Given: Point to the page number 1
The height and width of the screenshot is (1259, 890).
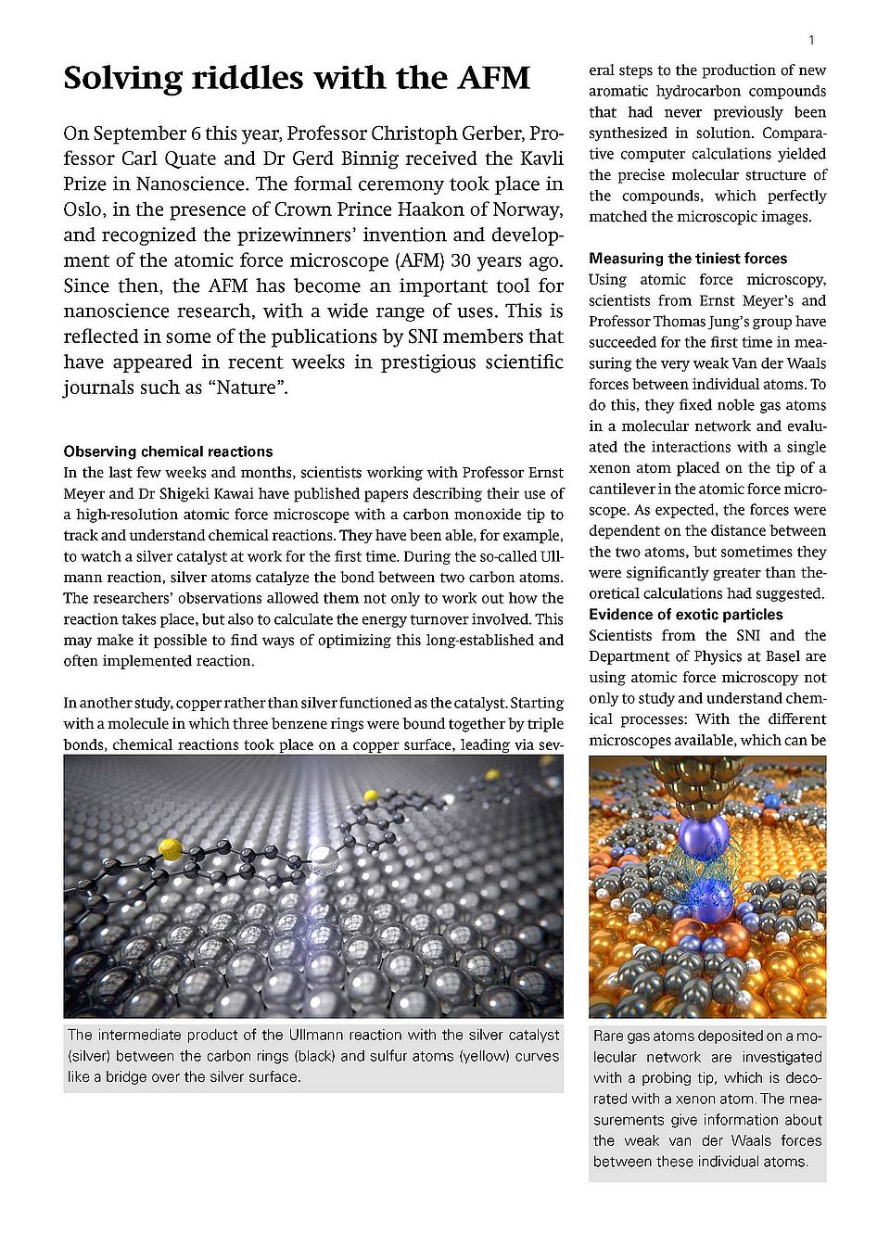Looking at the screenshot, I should pyautogui.click(x=811, y=40).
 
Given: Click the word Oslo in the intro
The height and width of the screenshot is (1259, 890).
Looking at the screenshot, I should pyautogui.click(x=85, y=210).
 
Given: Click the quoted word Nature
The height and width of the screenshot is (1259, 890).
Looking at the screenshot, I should pyautogui.click(x=251, y=388).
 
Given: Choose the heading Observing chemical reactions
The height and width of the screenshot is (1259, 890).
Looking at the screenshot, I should pyautogui.click(x=168, y=451).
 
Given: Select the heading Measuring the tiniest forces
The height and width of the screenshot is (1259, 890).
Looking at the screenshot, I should pyautogui.click(x=688, y=259).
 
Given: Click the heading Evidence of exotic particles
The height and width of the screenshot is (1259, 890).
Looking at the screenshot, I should pyautogui.click(x=685, y=615).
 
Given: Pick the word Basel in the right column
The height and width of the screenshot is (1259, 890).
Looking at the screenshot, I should pyautogui.click(x=804, y=656).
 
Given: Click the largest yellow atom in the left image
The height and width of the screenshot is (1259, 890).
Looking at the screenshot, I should pyautogui.click(x=171, y=846).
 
